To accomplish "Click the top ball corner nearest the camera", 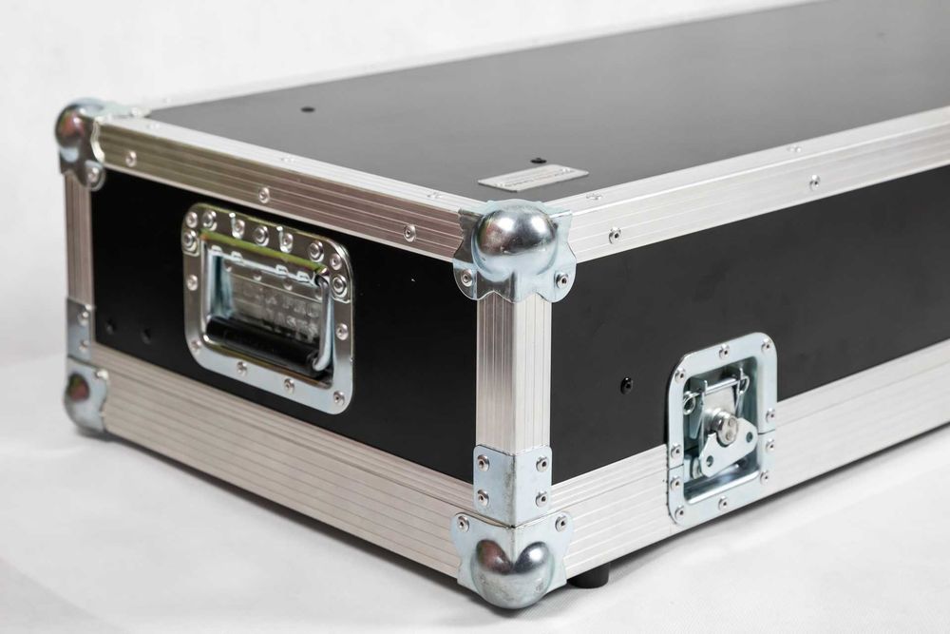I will coord(514,234).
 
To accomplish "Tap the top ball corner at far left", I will coord(75,126).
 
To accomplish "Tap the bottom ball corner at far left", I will coord(79,390).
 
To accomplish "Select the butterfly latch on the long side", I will coord(721,428).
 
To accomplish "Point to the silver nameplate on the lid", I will coord(532,178).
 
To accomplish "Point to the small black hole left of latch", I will coord(625,385).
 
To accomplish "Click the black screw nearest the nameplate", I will coord(538,160).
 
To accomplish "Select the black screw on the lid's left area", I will coord(307,109).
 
